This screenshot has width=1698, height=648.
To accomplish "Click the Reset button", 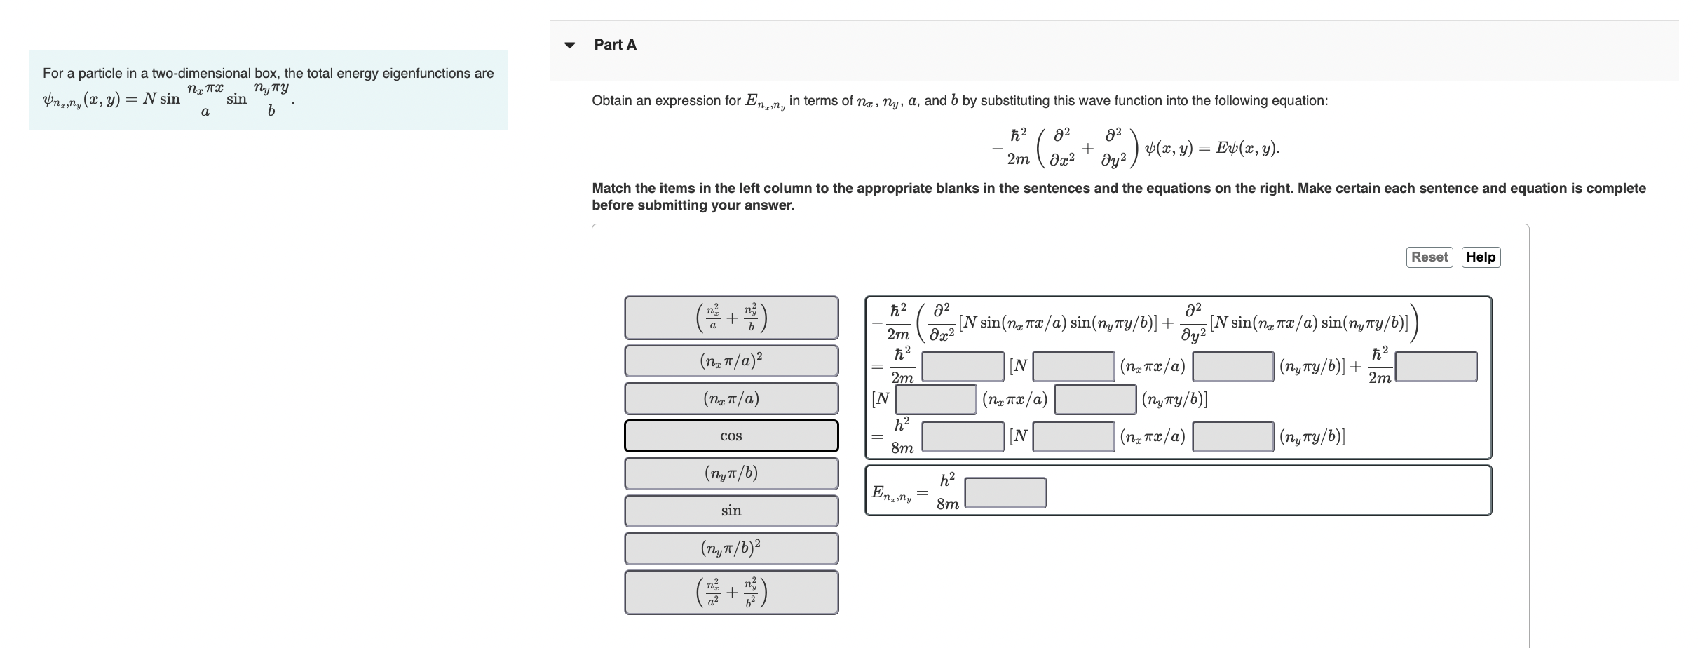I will tap(1429, 257).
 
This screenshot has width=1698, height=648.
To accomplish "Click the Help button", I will tap(1481, 257).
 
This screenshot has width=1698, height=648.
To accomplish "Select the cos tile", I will tap(731, 436).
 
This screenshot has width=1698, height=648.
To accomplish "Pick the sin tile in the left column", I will tap(731, 511).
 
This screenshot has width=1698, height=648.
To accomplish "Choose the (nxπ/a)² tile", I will tap(731, 361).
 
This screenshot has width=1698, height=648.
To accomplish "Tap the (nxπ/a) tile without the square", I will tap(731, 399).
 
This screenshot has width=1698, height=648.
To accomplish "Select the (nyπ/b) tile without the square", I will tap(731, 473).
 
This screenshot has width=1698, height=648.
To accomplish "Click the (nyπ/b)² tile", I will tap(731, 548).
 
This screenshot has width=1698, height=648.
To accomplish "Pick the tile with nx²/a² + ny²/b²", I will tap(731, 593).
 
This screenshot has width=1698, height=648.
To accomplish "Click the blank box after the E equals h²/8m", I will tap(1005, 493).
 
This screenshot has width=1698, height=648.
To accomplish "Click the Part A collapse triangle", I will tap(570, 46).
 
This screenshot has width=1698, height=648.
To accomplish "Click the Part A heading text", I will tap(615, 45).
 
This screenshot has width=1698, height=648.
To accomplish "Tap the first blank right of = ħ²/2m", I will tap(963, 366).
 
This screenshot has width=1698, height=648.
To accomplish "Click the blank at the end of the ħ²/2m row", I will tap(1436, 366).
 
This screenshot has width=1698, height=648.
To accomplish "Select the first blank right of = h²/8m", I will tap(963, 436).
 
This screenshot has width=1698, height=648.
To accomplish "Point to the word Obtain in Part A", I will tap(611, 101).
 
